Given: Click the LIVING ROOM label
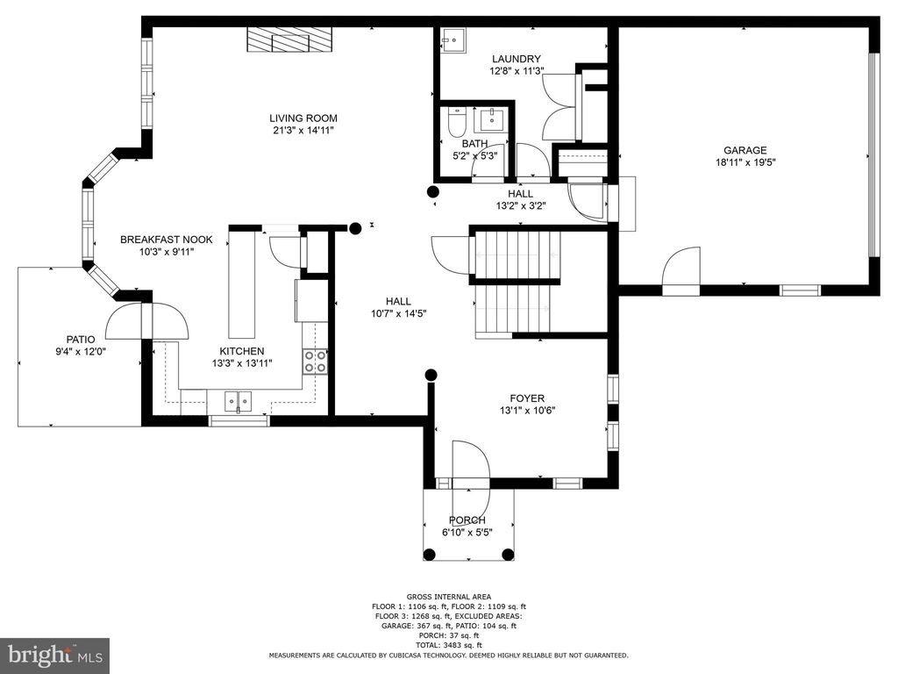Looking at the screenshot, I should pyautogui.click(x=303, y=118).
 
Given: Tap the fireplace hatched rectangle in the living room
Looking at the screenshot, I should pyautogui.click(x=290, y=40).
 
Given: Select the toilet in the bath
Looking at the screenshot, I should pyautogui.click(x=454, y=120).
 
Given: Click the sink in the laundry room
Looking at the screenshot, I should pyautogui.click(x=453, y=40).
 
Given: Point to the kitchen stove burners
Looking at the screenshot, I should pyautogui.click(x=315, y=362).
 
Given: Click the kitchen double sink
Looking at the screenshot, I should pyautogui.click(x=237, y=402).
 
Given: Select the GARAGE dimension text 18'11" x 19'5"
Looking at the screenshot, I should pyautogui.click(x=745, y=162).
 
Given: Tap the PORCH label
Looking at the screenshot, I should pyautogui.click(x=467, y=520).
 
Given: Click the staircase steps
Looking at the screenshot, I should pyautogui.click(x=516, y=281).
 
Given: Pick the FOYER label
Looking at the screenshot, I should pyautogui.click(x=527, y=397).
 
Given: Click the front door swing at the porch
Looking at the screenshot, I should pyautogui.click(x=471, y=461).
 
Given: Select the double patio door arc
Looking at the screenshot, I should pyautogui.click(x=146, y=321).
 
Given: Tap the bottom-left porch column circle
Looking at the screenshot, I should pyautogui.click(x=430, y=554).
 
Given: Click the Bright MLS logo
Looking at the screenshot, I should pyautogui.click(x=54, y=655).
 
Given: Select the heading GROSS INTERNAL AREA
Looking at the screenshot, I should pyautogui.click(x=448, y=597).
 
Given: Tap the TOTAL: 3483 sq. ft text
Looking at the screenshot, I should pyautogui.click(x=448, y=645).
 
